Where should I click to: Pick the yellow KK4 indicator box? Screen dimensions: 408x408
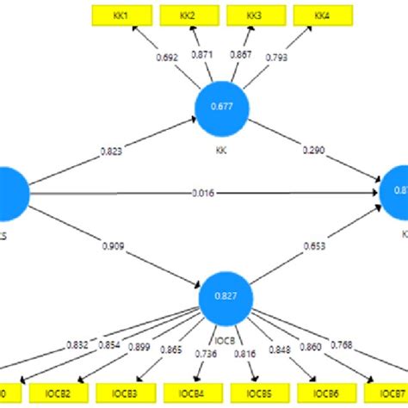[x=320, y=15]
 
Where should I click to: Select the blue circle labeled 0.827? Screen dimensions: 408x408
[x=225, y=297]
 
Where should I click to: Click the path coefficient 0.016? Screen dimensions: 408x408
[x=204, y=193]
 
